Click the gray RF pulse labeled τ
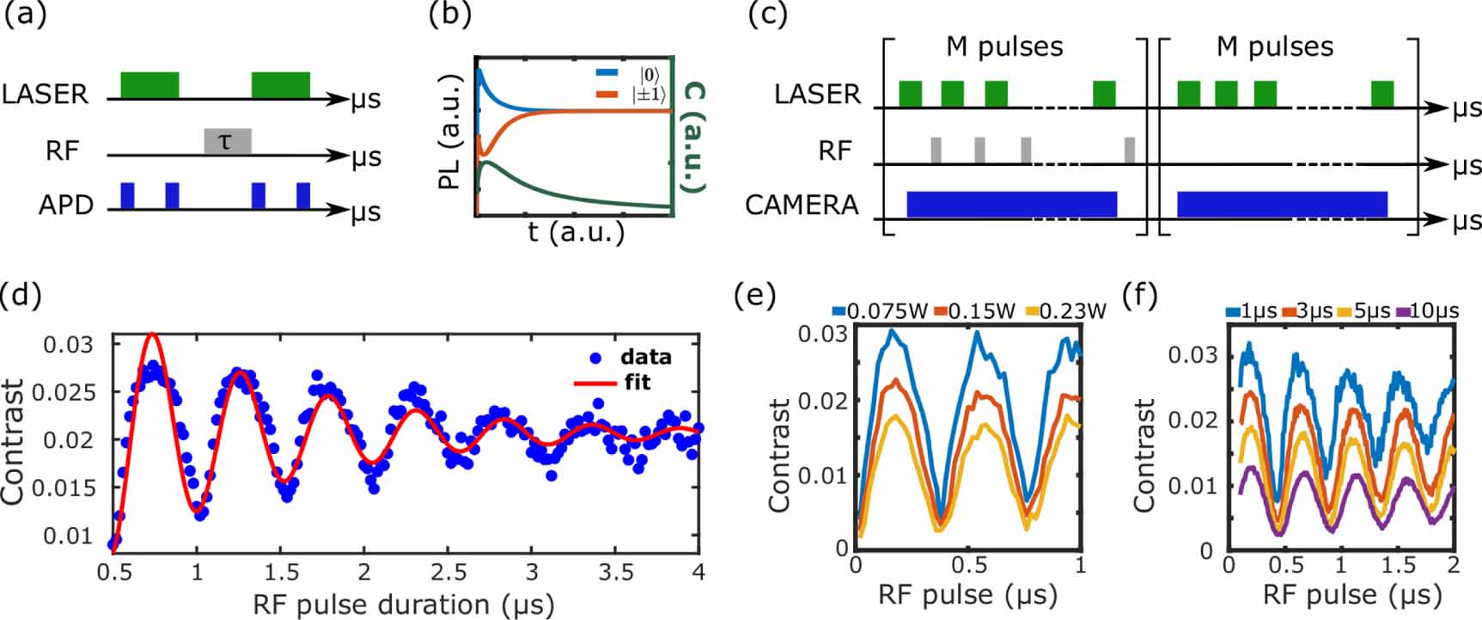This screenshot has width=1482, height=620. click(227, 141)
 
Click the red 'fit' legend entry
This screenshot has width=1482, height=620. click(637, 382)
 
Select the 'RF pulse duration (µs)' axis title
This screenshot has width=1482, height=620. click(403, 604)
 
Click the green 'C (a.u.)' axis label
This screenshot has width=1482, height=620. click(692, 138)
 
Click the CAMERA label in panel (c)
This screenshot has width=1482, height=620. click(802, 206)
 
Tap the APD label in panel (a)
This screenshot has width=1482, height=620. click(65, 206)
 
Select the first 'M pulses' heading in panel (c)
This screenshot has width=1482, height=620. click(1004, 46)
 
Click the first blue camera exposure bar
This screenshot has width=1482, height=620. click(1011, 204)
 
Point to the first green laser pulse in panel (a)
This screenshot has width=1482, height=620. click(149, 84)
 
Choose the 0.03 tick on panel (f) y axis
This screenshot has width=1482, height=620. click(1192, 355)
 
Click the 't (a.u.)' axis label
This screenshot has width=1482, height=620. click(576, 231)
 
